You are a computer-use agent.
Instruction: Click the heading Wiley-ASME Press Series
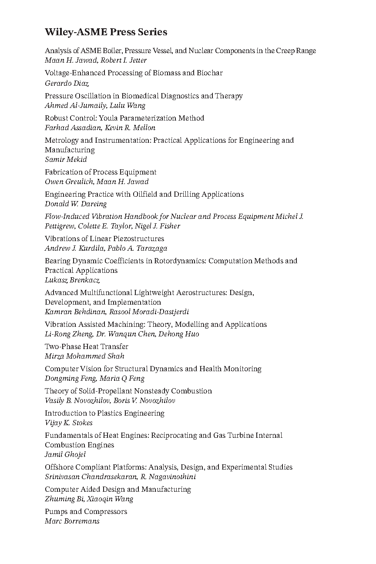click(x=106, y=32)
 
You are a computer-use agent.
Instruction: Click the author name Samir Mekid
click(x=66, y=159)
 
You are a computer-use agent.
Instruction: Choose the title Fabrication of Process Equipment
click(x=101, y=172)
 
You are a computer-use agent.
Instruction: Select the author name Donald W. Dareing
click(x=75, y=204)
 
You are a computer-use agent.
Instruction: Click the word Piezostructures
click(x=138, y=238)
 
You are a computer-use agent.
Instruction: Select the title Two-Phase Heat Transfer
click(x=87, y=346)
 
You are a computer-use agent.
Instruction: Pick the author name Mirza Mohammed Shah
click(x=84, y=356)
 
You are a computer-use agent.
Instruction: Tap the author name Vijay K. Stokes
click(x=69, y=423)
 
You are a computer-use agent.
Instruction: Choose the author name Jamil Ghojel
click(x=65, y=454)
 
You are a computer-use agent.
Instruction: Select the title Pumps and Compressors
click(x=86, y=511)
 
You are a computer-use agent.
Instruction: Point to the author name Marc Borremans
click(x=72, y=521)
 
